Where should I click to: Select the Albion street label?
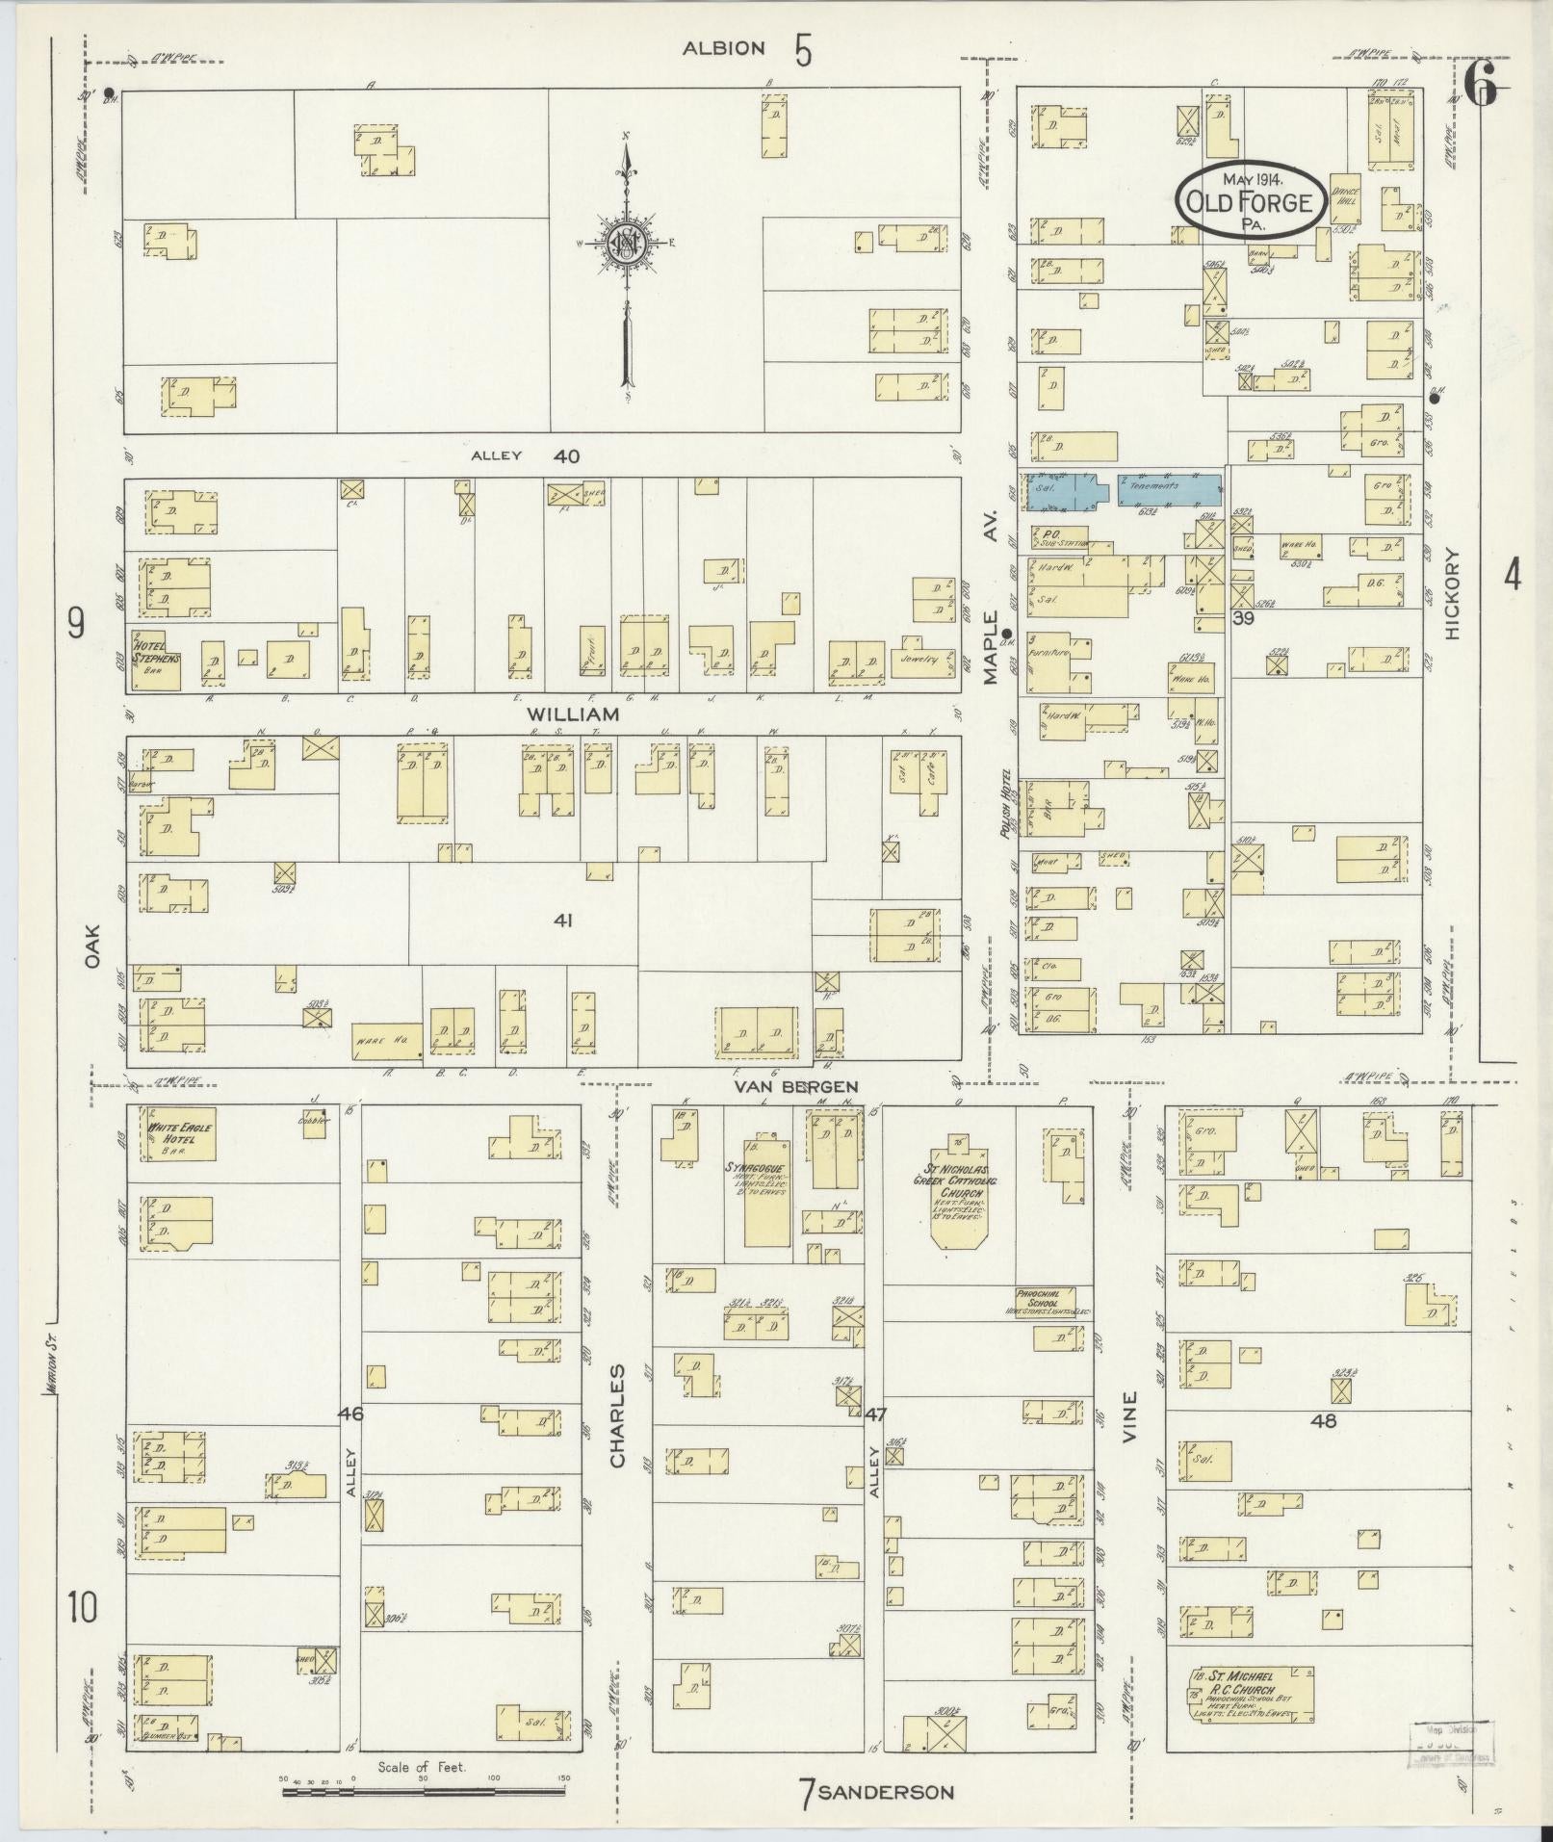[x=723, y=48]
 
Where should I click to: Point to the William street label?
[x=572, y=714]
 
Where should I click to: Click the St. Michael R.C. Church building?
[x=1251, y=1694]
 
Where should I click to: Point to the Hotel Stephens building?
[x=157, y=660]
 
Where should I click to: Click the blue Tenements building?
[x=1168, y=487]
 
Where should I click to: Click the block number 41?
[x=563, y=921]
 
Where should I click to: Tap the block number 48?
[x=1324, y=1419]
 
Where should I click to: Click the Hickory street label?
[x=1453, y=594]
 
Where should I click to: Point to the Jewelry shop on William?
[x=919, y=660]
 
